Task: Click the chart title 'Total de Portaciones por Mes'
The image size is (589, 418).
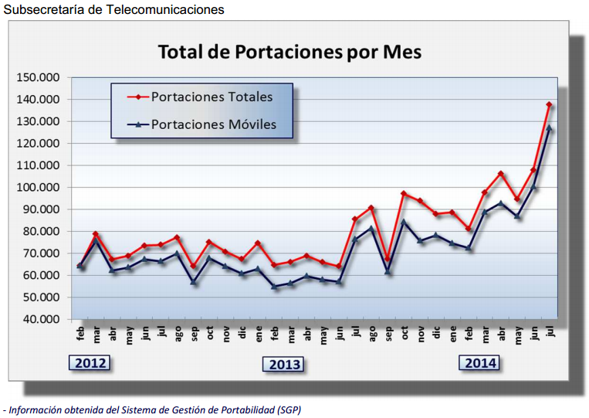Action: click(289, 53)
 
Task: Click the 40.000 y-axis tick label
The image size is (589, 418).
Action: click(40, 319)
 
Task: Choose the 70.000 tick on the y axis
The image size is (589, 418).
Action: click(40, 253)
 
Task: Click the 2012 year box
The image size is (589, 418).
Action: click(90, 363)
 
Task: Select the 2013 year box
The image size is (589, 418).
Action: click(285, 364)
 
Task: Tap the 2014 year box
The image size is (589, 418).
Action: click(480, 362)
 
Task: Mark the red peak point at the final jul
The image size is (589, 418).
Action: click(549, 105)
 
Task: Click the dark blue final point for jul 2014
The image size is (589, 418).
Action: click(549, 128)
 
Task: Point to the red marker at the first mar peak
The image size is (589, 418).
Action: click(96, 234)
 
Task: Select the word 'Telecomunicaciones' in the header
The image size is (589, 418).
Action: click(169, 10)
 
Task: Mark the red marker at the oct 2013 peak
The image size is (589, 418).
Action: click(404, 194)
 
